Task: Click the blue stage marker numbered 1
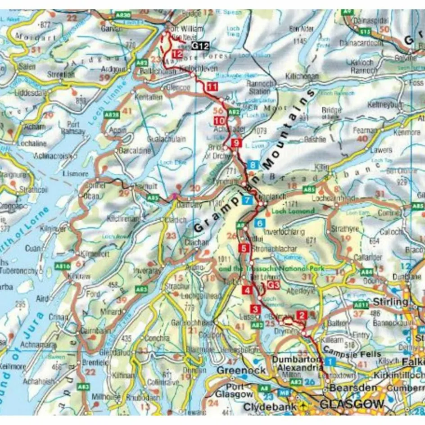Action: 330,361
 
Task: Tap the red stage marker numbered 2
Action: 302,316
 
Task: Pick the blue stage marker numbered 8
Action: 254,165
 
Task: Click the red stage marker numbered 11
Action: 212,87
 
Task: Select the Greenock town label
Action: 235,369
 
